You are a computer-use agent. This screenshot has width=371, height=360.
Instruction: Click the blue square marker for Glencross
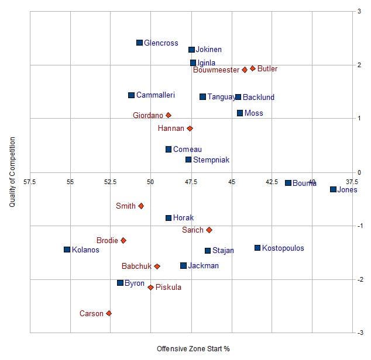pos(139,43)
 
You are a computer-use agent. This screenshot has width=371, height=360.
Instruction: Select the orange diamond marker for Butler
pos(253,68)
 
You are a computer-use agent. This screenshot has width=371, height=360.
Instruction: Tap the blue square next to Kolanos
pos(67,250)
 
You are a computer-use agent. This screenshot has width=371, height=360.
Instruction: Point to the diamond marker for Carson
pos(109,314)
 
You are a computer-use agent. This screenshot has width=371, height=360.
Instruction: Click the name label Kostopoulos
pos(283,248)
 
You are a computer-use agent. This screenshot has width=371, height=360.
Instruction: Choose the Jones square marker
pos(333,189)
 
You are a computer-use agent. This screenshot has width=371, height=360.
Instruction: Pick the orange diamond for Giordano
pos(169,115)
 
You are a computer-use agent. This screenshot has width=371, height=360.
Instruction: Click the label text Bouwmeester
pos(216,70)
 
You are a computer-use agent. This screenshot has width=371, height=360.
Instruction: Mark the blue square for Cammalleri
pos(131,95)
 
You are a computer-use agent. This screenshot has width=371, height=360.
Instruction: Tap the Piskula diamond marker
pos(150,288)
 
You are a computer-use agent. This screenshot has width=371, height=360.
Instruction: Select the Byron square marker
pos(121,283)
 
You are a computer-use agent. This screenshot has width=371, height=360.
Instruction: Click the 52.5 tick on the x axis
pos(110,182)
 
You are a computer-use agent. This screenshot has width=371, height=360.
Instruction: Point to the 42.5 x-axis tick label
pos(272,182)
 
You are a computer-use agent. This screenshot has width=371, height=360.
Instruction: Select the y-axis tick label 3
pos(359,11)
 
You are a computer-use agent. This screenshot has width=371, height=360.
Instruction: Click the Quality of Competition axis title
pos(12,172)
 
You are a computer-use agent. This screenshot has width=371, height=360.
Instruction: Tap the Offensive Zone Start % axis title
pos(193,349)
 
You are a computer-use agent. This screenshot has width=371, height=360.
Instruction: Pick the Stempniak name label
pos(211,160)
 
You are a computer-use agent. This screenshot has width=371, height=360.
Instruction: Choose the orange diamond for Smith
pos(141,206)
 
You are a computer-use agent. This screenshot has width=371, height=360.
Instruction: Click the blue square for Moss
pos(240,113)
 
